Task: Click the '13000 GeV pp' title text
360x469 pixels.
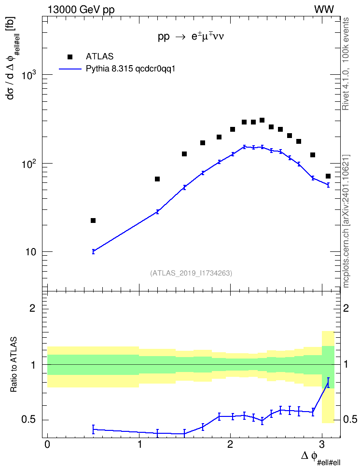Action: tap(81, 10)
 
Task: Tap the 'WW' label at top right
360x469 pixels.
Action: tap(324, 10)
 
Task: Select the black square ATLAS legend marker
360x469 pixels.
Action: tap(70, 56)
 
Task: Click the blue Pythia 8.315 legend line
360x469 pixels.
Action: tap(70, 69)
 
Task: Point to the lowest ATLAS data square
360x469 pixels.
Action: tap(93, 221)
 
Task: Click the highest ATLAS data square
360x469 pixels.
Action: tap(262, 120)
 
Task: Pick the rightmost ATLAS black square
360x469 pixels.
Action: tap(328, 176)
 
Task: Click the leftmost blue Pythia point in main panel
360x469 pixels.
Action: tap(93, 251)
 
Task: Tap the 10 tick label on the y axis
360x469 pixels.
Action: tap(30, 252)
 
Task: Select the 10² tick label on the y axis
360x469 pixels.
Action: tap(29, 163)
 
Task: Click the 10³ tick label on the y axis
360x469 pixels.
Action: tap(29, 74)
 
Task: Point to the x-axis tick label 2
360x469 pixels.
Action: tap(230, 444)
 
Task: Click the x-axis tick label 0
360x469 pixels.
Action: tap(47, 444)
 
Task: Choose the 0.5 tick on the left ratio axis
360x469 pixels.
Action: tap(29, 420)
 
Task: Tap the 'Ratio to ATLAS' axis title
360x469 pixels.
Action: tap(14, 364)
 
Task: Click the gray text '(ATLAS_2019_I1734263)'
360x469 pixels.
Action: tap(191, 273)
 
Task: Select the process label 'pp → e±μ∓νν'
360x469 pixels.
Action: tap(191, 37)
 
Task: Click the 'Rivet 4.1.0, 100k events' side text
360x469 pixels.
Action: tap(346, 64)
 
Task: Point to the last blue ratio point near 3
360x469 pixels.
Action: tap(328, 383)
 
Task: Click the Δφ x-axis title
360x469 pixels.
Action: tap(321, 457)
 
